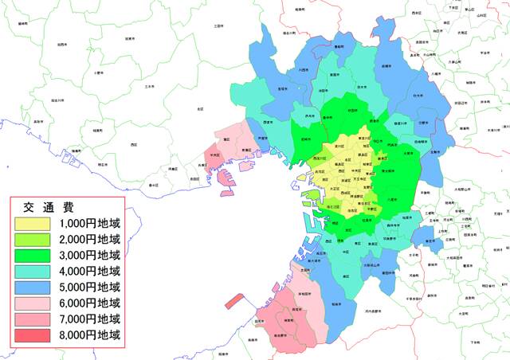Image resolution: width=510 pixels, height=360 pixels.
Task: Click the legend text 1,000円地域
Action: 88,223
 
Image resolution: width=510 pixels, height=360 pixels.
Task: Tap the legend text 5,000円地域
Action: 88,287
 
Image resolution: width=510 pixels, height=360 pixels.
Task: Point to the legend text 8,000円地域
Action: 88,335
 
